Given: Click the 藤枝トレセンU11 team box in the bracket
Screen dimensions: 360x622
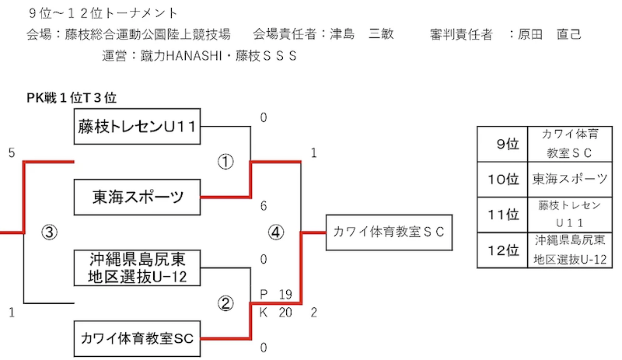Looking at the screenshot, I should coord(138,127).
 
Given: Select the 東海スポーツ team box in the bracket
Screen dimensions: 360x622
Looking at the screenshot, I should coord(138,197).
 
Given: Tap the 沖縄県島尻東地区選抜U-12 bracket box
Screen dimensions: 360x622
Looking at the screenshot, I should coord(138,267).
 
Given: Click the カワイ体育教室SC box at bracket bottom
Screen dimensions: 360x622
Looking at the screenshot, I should coord(138,337).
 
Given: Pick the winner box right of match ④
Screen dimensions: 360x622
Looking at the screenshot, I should coord(388,232).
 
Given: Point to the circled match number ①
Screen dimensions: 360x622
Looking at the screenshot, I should coord(225,162).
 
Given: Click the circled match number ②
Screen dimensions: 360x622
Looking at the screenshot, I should coord(225,303).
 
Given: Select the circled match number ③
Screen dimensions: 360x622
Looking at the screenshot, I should coord(49,232).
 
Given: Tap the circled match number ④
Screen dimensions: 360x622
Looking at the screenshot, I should coord(276,232).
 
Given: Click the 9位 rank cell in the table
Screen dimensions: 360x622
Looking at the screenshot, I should coord(505,144).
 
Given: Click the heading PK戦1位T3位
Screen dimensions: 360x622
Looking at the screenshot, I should coord(72,97).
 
